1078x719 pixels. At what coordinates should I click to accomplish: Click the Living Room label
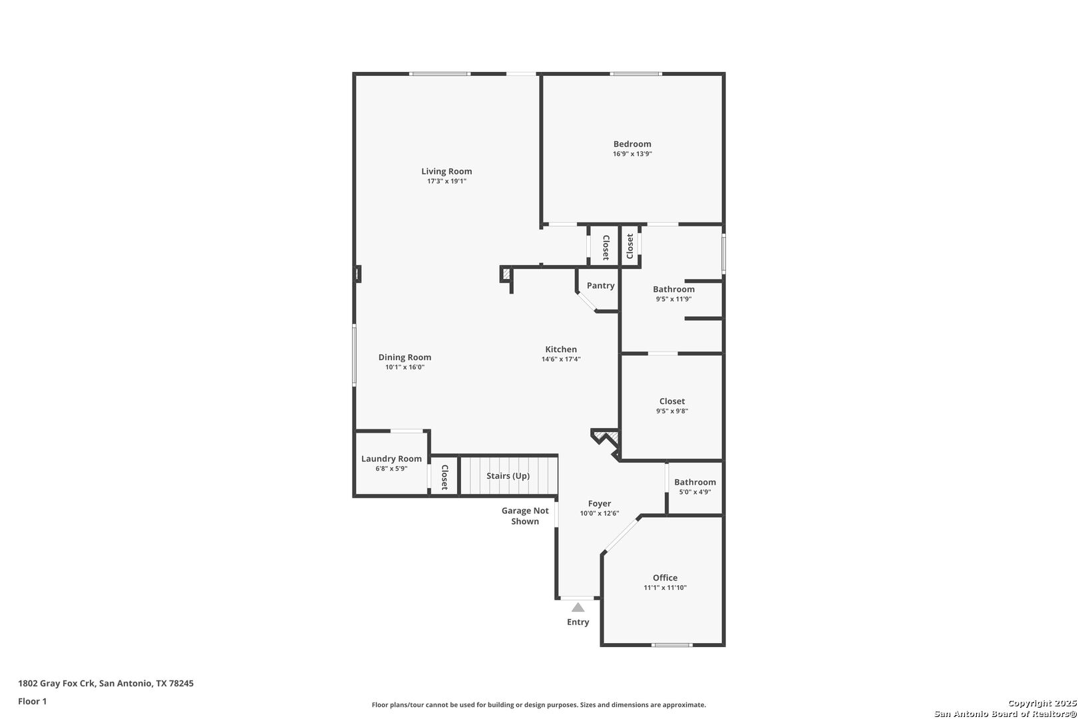[447, 172]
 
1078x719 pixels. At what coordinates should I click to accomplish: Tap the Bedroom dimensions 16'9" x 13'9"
[632, 154]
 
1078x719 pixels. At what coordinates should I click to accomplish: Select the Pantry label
[601, 286]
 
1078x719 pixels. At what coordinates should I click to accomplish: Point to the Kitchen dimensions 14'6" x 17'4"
[561, 359]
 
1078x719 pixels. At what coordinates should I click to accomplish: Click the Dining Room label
[405, 358]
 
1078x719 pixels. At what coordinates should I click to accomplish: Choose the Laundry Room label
[391, 459]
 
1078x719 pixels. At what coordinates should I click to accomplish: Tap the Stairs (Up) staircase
[508, 475]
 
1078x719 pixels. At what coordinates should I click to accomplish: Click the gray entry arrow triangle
[578, 607]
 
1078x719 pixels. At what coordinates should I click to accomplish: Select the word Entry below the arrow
[578, 622]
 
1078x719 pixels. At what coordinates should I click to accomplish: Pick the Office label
[665, 578]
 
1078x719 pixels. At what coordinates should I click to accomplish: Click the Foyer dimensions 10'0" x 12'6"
[600, 513]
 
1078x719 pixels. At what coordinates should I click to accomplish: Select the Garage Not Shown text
[525, 516]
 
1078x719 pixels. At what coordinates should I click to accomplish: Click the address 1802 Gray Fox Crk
[57, 683]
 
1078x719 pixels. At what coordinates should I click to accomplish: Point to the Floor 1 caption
[32, 702]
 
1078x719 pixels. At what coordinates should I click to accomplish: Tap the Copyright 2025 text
[1042, 704]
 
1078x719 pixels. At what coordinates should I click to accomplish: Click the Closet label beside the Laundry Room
[445, 477]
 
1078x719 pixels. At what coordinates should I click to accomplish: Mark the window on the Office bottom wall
[672, 645]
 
